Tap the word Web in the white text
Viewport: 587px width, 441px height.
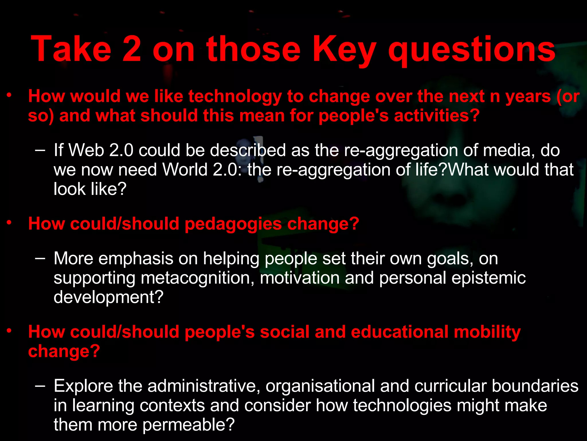[x=86, y=150]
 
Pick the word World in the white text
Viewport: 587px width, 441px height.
[x=185, y=170]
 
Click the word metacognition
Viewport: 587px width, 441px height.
[x=197, y=278]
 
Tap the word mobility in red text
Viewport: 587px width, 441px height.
[x=487, y=332]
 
